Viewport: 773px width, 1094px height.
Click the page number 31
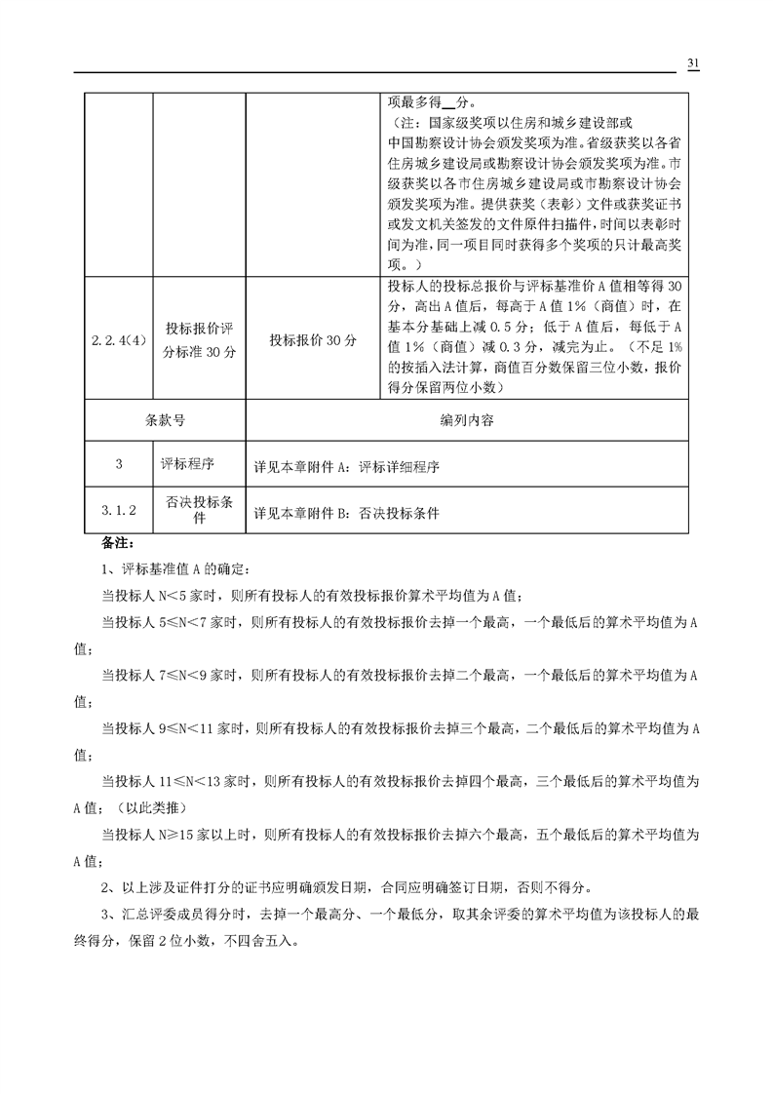694,63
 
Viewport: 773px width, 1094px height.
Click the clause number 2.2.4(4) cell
118,340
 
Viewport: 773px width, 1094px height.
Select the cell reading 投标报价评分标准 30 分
199,340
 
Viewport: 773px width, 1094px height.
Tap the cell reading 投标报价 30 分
312,340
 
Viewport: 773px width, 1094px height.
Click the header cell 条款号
165,421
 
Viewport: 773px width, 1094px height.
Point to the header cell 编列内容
467,421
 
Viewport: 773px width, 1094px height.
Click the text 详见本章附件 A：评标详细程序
346,467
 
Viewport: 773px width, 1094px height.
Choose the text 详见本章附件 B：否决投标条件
346,512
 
